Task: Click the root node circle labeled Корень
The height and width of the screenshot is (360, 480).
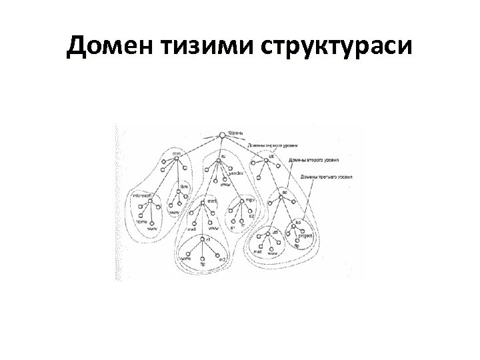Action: tap(222, 135)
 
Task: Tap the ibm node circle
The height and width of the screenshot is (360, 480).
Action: tap(179, 193)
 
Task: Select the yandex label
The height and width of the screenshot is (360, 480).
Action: tap(236, 173)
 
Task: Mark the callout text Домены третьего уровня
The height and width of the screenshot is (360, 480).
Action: tap(325, 177)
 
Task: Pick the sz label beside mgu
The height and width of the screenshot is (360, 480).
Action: tap(251, 216)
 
